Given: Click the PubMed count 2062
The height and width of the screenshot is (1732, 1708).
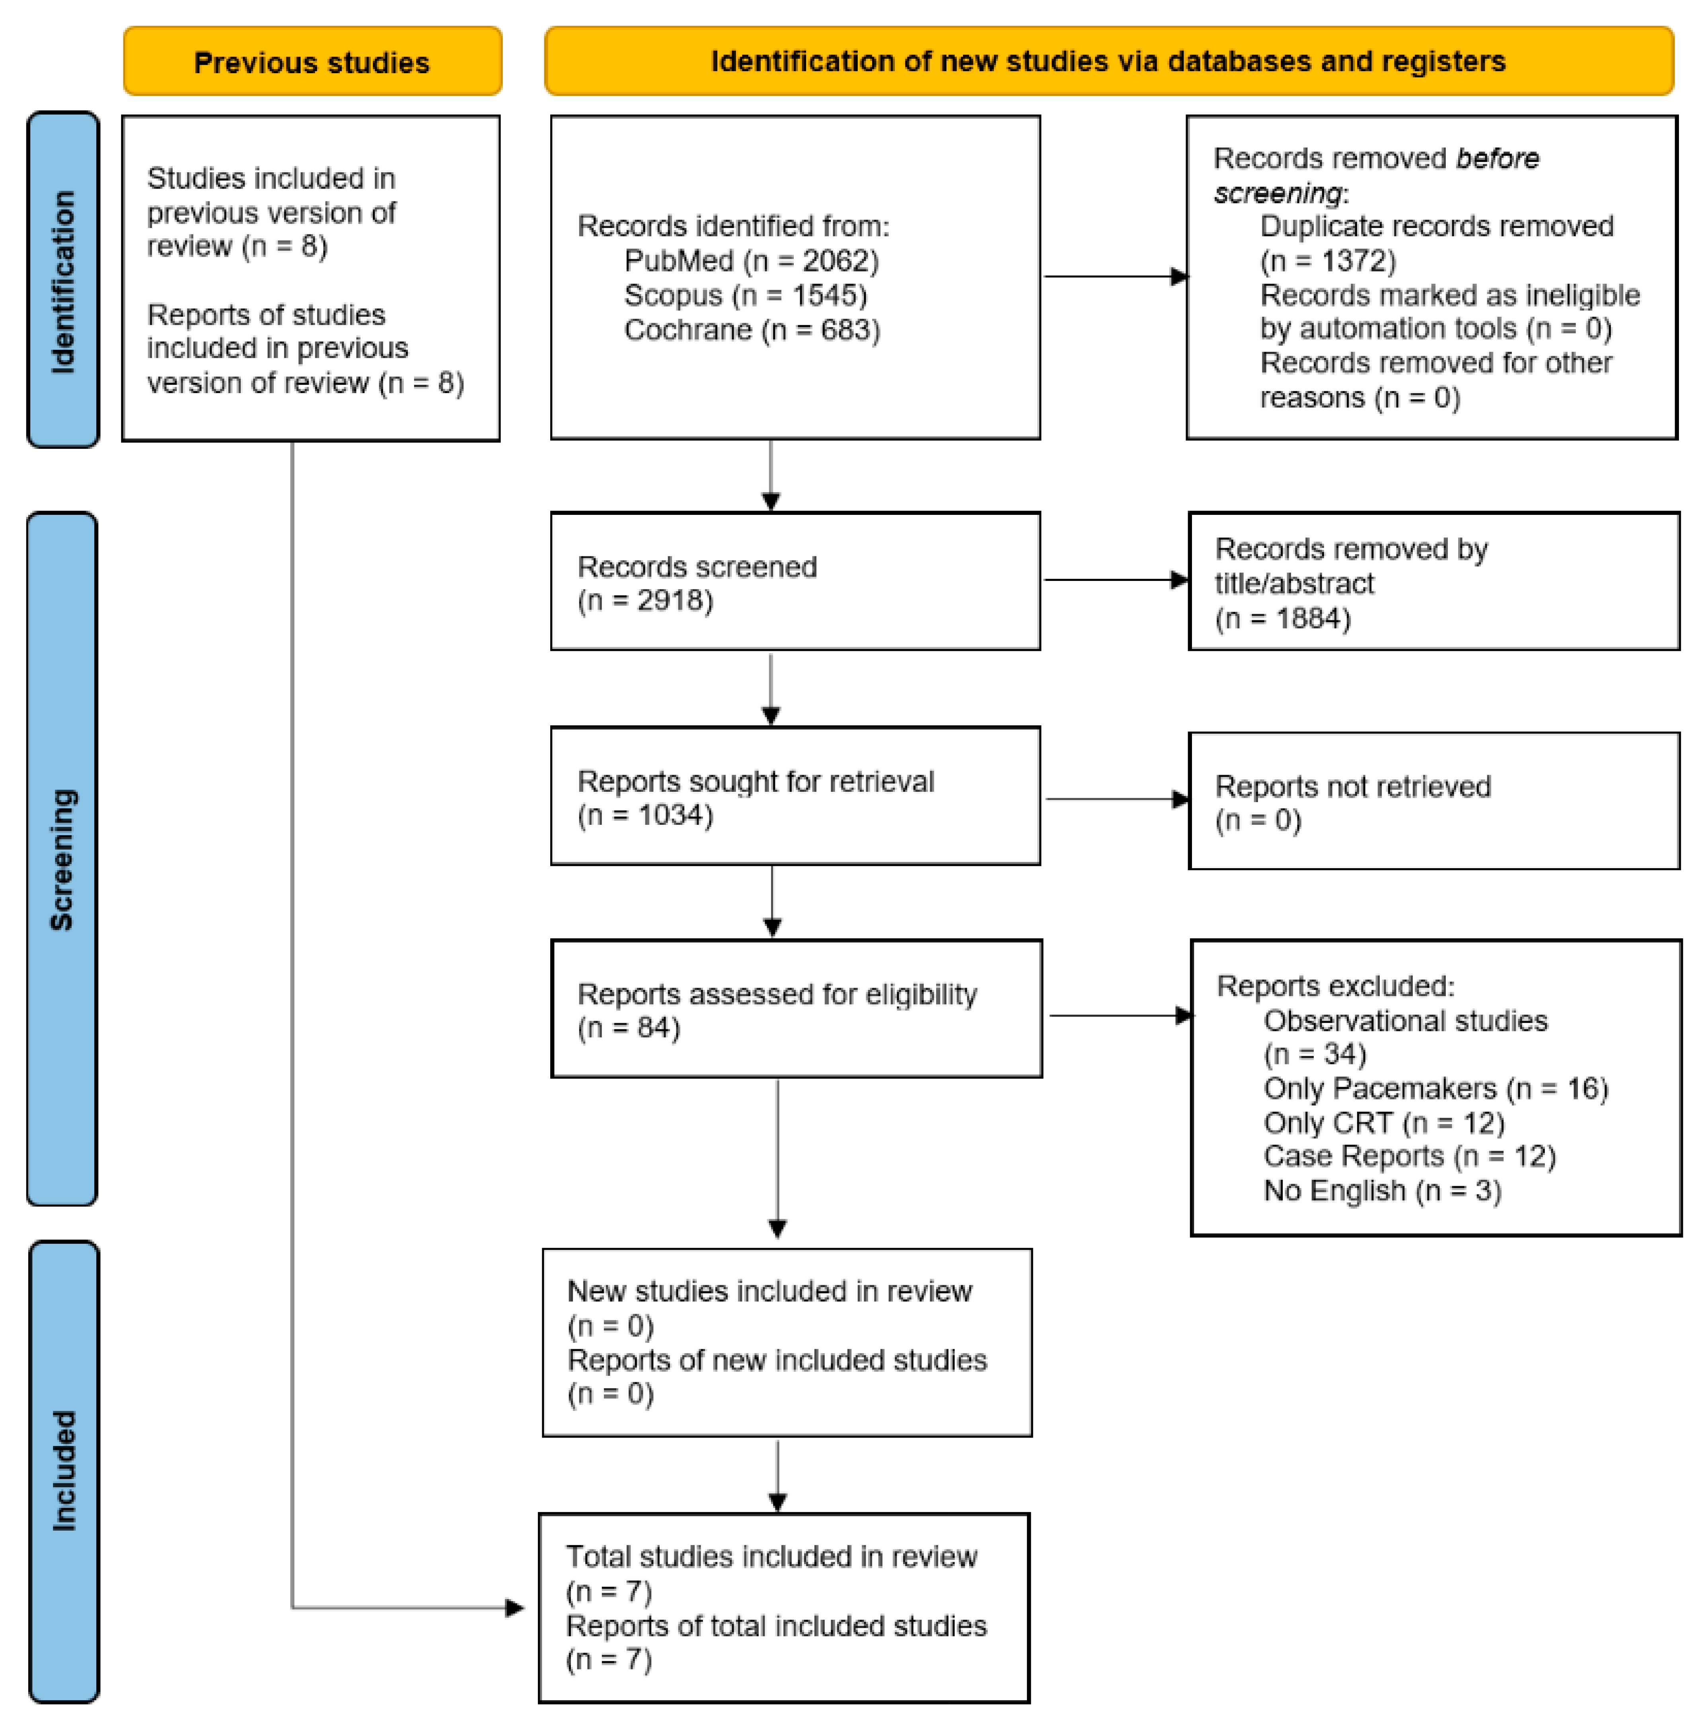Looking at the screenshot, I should point(838,261).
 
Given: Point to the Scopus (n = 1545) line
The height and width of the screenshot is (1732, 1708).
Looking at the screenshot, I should point(745,295).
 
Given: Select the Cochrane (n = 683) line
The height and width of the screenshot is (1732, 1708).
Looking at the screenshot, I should point(751,330).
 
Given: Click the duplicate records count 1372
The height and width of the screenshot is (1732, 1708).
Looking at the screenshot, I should point(1355,261).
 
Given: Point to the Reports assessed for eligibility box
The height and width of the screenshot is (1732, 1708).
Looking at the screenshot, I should point(796,1009).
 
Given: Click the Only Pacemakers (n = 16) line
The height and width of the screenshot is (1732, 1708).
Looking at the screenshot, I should point(1435,1088).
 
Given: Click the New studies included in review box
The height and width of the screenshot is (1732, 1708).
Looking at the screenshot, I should point(786,1342).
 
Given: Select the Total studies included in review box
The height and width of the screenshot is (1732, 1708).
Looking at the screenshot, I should point(784,1607).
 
